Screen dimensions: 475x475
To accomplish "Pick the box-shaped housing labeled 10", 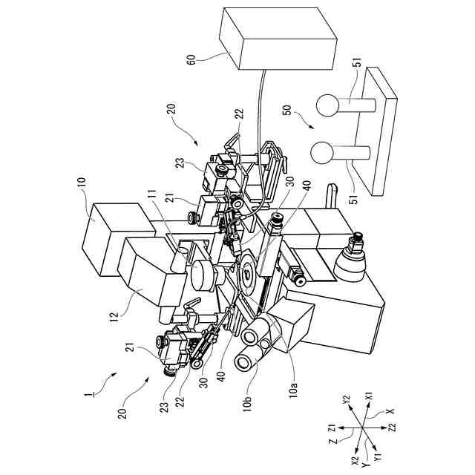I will coord(108,236).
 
